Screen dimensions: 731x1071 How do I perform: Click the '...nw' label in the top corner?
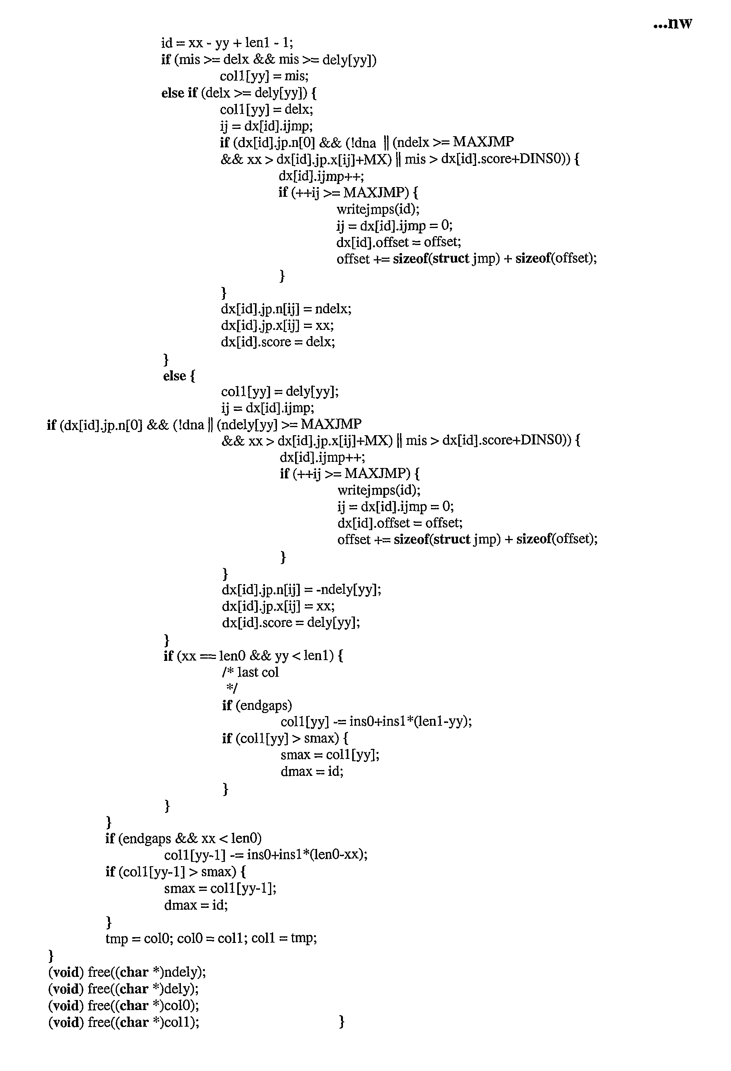pos(672,23)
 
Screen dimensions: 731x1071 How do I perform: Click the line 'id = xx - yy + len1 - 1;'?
pos(227,43)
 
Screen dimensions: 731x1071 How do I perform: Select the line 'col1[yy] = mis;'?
pos(264,76)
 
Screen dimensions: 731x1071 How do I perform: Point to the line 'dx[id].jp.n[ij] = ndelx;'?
pos(286,309)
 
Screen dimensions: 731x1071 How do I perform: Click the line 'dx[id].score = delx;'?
pos(278,342)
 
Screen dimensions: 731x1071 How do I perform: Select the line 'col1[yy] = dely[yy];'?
pos(280,392)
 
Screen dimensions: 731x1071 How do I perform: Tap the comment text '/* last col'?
pos(250,672)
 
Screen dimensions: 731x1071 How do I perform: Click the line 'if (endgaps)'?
pos(257,706)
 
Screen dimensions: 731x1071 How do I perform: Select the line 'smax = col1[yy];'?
pos(330,755)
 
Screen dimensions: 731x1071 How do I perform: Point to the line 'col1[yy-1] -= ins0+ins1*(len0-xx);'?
pos(266,855)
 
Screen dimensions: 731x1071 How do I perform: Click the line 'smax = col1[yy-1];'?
pos(220,888)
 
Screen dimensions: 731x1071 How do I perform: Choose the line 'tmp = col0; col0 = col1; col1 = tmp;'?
pos(211,938)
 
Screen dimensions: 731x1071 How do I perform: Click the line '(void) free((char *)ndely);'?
pos(127,972)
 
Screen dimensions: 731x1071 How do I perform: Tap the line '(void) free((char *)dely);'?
pos(123,988)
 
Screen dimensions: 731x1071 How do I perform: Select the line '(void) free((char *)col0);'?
pos(123,1005)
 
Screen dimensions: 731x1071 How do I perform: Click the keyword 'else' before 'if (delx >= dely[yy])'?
pos(172,93)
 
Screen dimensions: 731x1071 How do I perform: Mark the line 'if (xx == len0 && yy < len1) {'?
pos(253,656)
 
